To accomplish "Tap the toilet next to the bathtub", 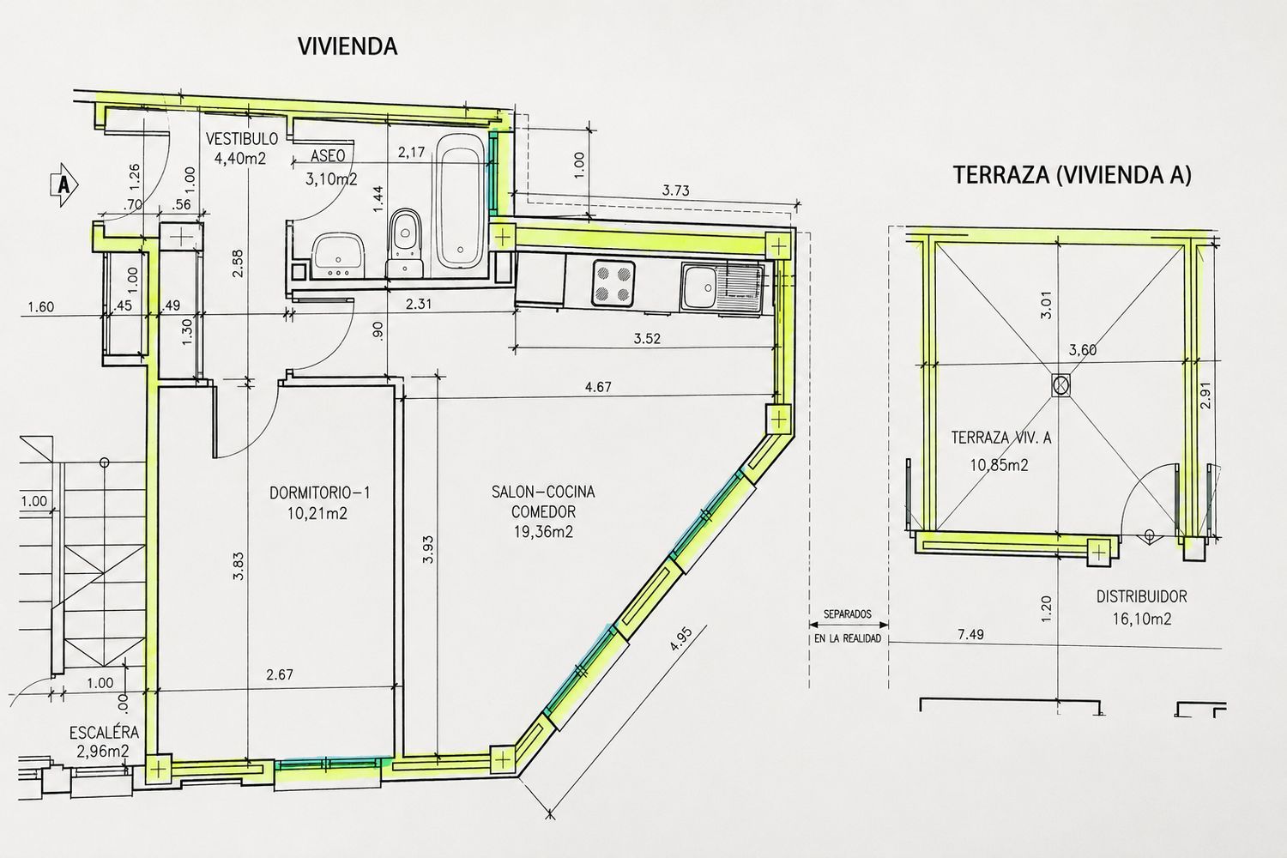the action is pos(406,241).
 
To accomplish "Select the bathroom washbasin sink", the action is pos(339,256).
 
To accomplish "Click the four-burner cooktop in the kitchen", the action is pos(613,283).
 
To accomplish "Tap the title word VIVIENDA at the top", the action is pos(347,46).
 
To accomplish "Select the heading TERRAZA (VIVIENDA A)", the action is pos(1072,175).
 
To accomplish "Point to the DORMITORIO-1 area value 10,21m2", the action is pos(317,513).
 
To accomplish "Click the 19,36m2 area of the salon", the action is pos(543,532).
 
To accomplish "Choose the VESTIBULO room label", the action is pos(242,138).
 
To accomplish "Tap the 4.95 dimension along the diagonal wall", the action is pos(681,638).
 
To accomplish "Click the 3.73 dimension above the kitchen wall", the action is pos(676,190).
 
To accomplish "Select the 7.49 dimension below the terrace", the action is pos(970,634).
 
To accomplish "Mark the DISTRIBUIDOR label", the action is pos(1142,597).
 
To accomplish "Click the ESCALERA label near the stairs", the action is pos(104,733).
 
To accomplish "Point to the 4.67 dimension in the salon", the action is pos(598,387).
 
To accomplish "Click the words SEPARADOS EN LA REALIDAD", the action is pos(848,625).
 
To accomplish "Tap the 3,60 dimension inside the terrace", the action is pos(1083,350).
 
